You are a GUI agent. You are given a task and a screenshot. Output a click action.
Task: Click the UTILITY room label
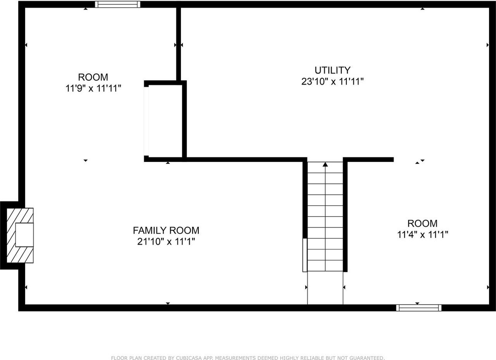point(332,70)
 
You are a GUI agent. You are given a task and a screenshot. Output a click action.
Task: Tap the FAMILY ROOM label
point(166,231)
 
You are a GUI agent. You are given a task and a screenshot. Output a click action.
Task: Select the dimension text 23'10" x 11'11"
point(332,82)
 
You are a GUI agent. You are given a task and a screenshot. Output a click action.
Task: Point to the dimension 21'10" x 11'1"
point(166,242)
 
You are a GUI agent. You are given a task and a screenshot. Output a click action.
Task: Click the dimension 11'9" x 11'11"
point(93,88)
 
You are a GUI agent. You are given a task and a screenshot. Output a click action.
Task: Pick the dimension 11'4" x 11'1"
point(422,234)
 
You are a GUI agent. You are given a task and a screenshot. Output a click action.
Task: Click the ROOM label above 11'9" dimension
point(93,77)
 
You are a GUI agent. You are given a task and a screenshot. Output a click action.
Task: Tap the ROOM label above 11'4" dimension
point(422,224)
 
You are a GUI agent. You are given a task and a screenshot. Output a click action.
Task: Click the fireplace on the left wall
point(19,235)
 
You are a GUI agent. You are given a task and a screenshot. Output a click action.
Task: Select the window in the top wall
point(117,4)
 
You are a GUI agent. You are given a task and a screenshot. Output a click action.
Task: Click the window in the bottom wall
point(418,308)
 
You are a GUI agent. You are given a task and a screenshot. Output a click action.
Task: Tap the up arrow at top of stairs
point(325,165)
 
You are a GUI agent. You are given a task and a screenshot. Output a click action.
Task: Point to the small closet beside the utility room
point(165,120)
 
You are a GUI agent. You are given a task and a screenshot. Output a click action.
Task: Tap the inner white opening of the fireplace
point(24,235)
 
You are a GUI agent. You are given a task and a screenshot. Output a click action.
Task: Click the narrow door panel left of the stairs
point(305,255)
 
